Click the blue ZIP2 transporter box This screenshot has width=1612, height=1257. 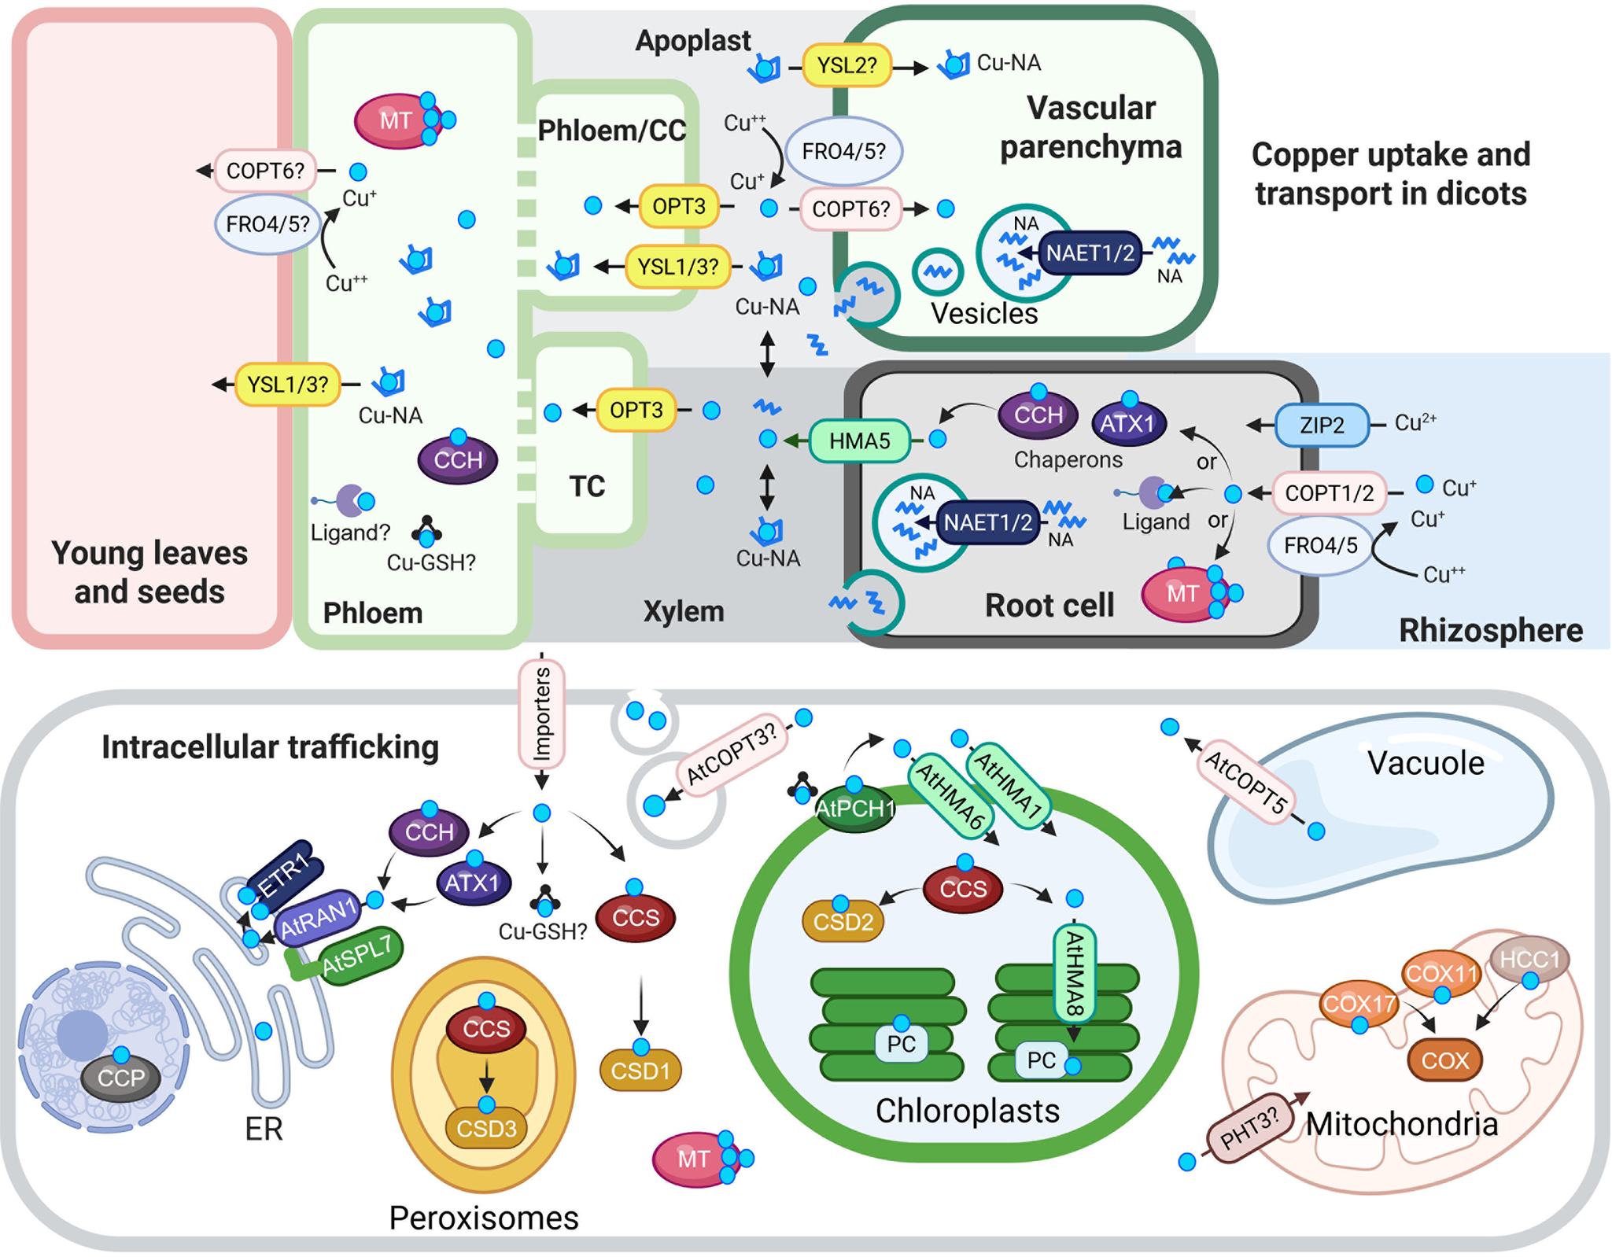[1322, 426]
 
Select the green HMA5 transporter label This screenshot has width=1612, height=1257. [859, 441]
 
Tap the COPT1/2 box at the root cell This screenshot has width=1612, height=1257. [1329, 493]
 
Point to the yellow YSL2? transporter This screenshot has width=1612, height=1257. [847, 65]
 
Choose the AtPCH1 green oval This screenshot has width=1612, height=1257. [855, 809]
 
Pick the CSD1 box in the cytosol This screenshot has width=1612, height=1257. [640, 1071]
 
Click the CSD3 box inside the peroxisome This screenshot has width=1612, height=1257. [486, 1129]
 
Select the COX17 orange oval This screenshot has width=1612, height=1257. [1359, 1004]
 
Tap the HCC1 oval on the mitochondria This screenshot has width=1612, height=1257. [1529, 960]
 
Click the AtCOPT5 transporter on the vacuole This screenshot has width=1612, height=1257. [1246, 783]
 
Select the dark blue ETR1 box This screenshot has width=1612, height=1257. [283, 874]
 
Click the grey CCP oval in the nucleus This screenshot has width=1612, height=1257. [121, 1077]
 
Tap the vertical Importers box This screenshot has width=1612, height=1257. [541, 714]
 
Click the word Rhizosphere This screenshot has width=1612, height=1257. [1490, 630]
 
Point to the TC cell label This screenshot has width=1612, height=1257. [587, 486]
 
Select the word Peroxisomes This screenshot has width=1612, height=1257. [483, 1218]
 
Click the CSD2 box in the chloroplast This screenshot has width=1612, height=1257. [843, 921]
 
